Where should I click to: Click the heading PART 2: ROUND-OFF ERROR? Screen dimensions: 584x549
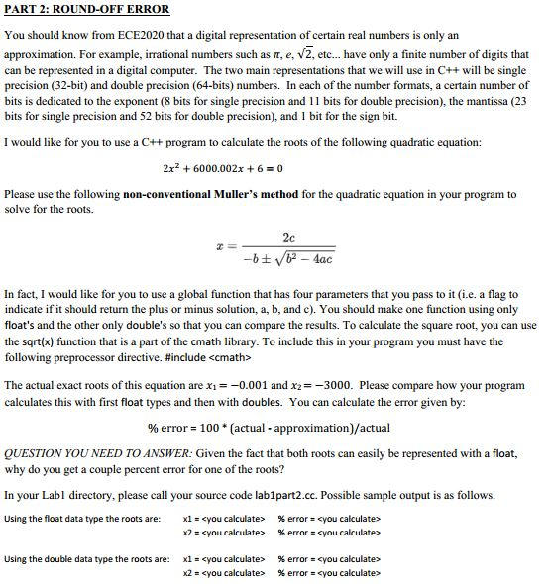point(87,9)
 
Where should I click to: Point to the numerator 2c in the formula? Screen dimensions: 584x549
point(287,238)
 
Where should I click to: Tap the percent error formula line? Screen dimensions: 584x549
point(269,428)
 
